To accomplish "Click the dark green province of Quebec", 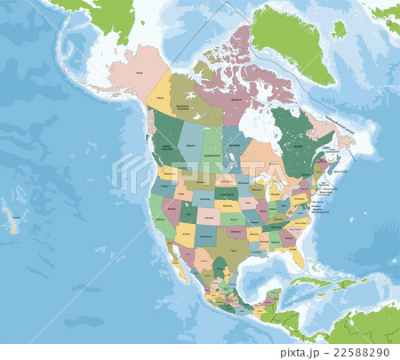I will [x=298, y=142].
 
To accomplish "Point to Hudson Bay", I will [x=254, y=124].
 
